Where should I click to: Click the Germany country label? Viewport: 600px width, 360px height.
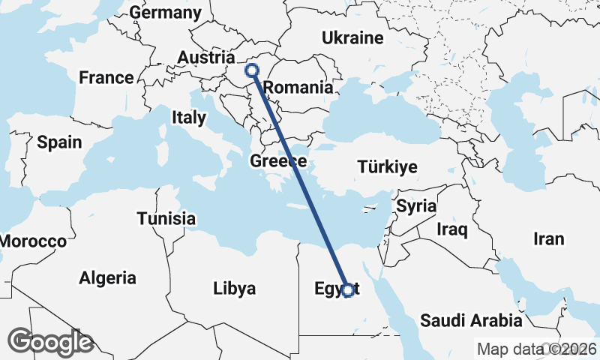166,13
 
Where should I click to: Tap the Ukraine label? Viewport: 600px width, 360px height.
352,38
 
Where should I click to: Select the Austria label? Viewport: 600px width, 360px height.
206,58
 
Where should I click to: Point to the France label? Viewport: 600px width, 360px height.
106,77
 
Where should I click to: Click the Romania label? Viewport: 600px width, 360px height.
298,88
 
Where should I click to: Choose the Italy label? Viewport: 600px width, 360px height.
188,117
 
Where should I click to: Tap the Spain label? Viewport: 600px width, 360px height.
59,142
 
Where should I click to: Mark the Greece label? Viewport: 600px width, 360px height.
278,161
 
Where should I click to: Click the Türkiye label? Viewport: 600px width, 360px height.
387,166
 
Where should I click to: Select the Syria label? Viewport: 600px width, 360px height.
415,205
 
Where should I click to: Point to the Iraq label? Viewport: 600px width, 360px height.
453,229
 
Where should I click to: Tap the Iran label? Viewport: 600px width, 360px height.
548,238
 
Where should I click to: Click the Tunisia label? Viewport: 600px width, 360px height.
166,219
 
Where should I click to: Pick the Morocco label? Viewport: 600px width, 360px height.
33,241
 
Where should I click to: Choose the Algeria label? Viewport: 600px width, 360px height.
108,278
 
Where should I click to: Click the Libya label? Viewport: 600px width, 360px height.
234,288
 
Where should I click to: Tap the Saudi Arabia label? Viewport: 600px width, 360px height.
471,321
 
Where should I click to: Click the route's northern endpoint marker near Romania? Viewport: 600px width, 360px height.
252,70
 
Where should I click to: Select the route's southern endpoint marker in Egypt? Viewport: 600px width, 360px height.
347,290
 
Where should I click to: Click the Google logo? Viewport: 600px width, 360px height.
50,341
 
